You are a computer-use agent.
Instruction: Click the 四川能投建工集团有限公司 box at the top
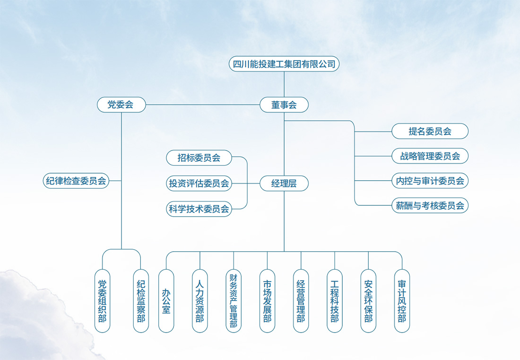[284, 64]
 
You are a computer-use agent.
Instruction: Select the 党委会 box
[121, 105]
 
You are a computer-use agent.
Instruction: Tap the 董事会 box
[284, 105]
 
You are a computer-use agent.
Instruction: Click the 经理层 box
[284, 184]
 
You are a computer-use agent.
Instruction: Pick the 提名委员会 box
[430, 131]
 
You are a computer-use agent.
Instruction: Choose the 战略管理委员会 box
[430, 156]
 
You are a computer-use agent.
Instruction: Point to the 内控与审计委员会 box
[430, 181]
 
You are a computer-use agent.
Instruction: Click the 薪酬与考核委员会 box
[430, 205]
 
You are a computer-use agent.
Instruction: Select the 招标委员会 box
[199, 158]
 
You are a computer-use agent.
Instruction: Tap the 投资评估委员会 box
[199, 184]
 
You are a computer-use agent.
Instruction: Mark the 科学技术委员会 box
[199, 209]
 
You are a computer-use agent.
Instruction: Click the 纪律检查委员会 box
[76, 181]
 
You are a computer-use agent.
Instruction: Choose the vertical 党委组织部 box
[102, 300]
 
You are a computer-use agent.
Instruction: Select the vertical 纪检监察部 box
[141, 300]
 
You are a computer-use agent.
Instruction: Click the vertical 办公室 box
[166, 300]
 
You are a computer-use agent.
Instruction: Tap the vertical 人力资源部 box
[200, 300]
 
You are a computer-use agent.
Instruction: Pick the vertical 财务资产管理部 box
[234, 300]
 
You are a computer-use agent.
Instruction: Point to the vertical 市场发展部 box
[267, 300]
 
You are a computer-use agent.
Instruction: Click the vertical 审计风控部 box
[402, 300]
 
